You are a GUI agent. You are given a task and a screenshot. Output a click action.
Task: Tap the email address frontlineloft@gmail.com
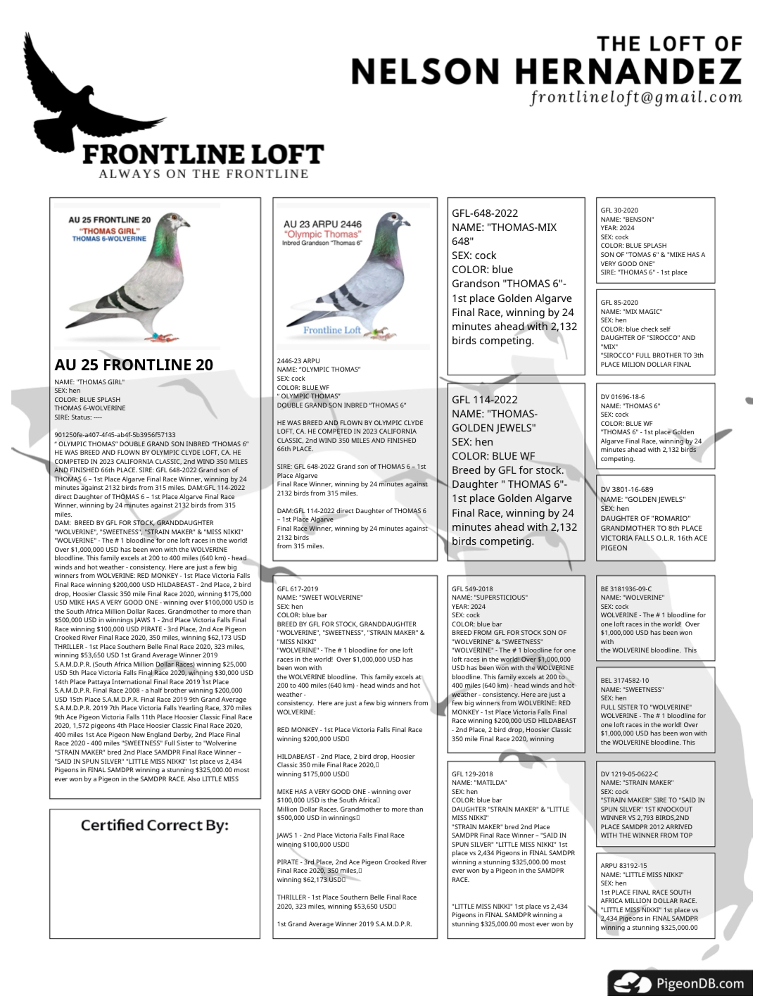point(637,97)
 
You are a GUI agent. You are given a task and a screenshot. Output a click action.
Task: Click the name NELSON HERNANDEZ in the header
point(546,70)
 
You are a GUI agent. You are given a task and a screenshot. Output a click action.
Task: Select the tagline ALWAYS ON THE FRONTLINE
point(204,174)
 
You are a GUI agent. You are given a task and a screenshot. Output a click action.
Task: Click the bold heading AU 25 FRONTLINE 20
point(134,365)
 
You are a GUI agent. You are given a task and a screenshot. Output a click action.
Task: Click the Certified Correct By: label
point(154,825)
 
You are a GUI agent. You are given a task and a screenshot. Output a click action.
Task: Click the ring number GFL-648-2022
point(485,213)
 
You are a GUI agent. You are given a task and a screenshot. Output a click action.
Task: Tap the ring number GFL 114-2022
point(485,400)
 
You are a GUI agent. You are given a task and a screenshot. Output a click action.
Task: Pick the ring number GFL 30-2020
point(619,210)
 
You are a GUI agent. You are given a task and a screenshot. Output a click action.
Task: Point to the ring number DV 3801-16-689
point(626,490)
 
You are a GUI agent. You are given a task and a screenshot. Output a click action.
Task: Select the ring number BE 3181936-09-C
point(626,589)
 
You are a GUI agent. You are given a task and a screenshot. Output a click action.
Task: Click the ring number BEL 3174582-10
point(625,681)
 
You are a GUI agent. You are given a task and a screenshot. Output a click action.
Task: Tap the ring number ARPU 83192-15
point(623,866)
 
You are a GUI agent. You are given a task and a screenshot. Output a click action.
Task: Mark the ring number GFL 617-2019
point(298,589)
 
